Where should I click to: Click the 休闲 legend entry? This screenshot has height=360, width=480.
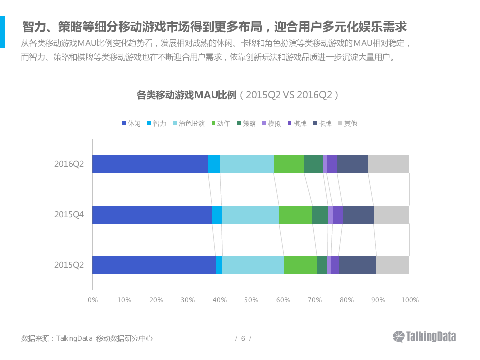pyautogui.click(x=131, y=123)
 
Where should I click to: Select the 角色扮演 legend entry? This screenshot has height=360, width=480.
pyautogui.click(x=188, y=123)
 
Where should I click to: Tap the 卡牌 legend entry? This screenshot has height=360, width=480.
pyautogui.click(x=322, y=123)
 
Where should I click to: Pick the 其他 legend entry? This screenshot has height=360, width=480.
pyautogui.click(x=348, y=123)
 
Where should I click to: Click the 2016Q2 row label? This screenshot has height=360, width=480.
pyautogui.click(x=69, y=164)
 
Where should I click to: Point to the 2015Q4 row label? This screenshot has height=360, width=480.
pyautogui.click(x=69, y=215)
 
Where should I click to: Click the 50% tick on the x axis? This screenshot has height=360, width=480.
pyautogui.click(x=251, y=300)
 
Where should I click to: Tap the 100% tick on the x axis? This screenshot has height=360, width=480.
pyautogui.click(x=410, y=300)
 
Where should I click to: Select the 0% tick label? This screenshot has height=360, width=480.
pyautogui.click(x=93, y=300)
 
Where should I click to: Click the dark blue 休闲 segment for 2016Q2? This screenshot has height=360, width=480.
pyautogui.click(x=150, y=164)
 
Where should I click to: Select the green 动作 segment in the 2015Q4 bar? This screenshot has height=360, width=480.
pyautogui.click(x=295, y=215)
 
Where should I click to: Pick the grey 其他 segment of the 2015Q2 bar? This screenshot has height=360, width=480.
pyautogui.click(x=393, y=265)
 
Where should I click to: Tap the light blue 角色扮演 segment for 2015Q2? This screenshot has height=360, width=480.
pyautogui.click(x=253, y=265)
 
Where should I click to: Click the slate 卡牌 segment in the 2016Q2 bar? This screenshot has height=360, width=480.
pyautogui.click(x=352, y=164)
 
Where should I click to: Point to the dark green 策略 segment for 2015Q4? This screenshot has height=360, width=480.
pyautogui.click(x=320, y=215)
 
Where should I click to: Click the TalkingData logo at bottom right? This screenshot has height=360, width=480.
pyautogui.click(x=424, y=337)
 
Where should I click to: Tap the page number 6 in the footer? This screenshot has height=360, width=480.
pyautogui.click(x=243, y=338)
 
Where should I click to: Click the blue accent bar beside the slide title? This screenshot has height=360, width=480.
pyautogui.click(x=2, y=32)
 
